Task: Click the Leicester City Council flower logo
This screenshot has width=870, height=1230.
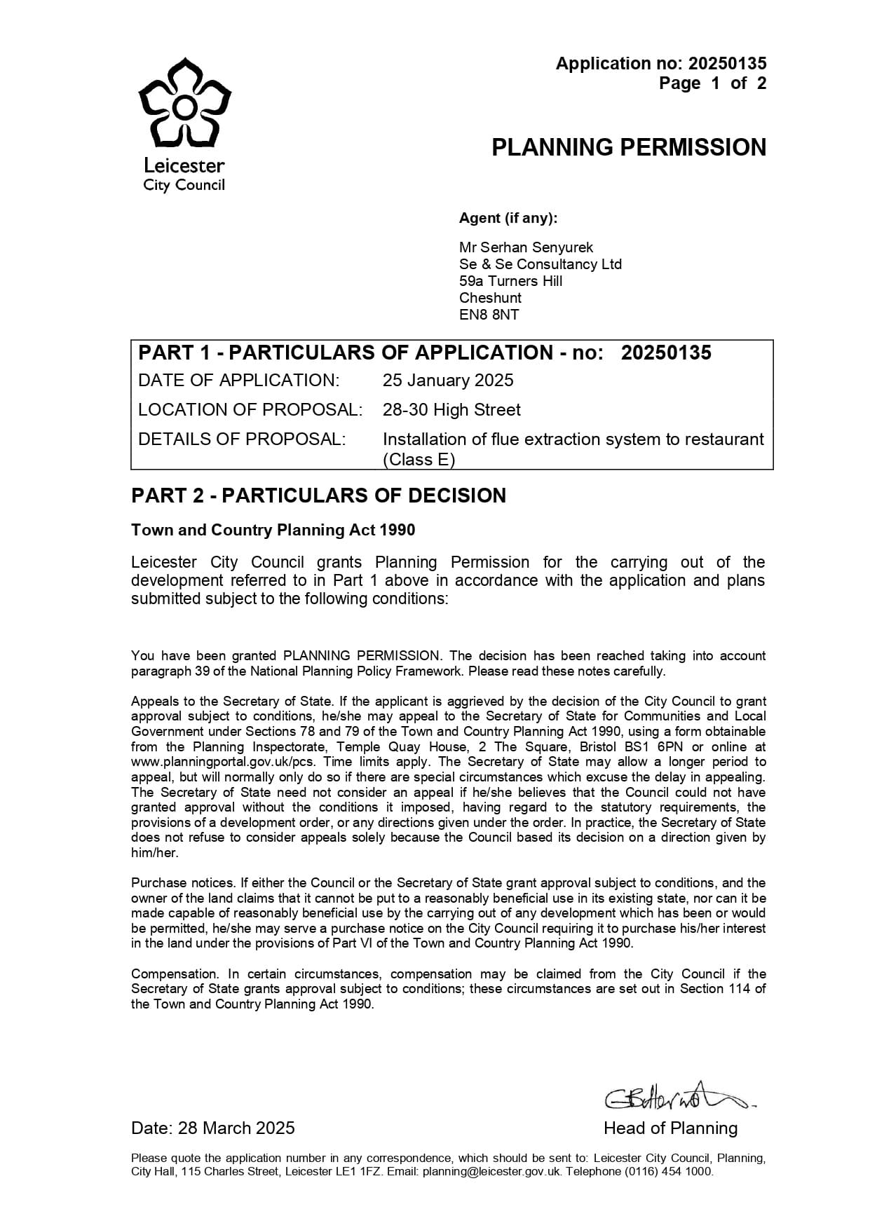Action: [x=184, y=103]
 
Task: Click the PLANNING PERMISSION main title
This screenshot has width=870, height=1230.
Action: [x=628, y=148]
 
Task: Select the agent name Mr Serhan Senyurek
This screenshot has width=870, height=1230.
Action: [x=526, y=247]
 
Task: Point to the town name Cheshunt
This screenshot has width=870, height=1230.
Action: [x=490, y=298]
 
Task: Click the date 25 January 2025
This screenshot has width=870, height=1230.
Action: [x=447, y=381]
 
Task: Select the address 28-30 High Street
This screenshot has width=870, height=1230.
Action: [x=451, y=410]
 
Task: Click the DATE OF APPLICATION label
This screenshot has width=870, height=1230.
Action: [x=238, y=381]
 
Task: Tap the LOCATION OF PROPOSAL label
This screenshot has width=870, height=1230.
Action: [x=250, y=410]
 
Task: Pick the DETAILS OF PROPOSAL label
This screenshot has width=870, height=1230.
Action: [x=242, y=439]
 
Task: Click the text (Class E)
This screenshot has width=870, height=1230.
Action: [x=419, y=460]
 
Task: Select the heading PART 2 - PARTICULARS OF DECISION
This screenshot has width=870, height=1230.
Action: [x=318, y=496]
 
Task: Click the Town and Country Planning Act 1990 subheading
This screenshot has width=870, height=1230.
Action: [x=273, y=530]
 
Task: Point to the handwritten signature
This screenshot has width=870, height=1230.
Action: [x=677, y=1099]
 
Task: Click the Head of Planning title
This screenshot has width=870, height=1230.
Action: [x=670, y=1128]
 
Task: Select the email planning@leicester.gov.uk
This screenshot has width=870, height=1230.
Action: [x=491, y=1171]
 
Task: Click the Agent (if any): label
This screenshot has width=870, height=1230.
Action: [x=508, y=218]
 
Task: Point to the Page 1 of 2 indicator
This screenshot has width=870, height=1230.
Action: [x=712, y=83]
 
